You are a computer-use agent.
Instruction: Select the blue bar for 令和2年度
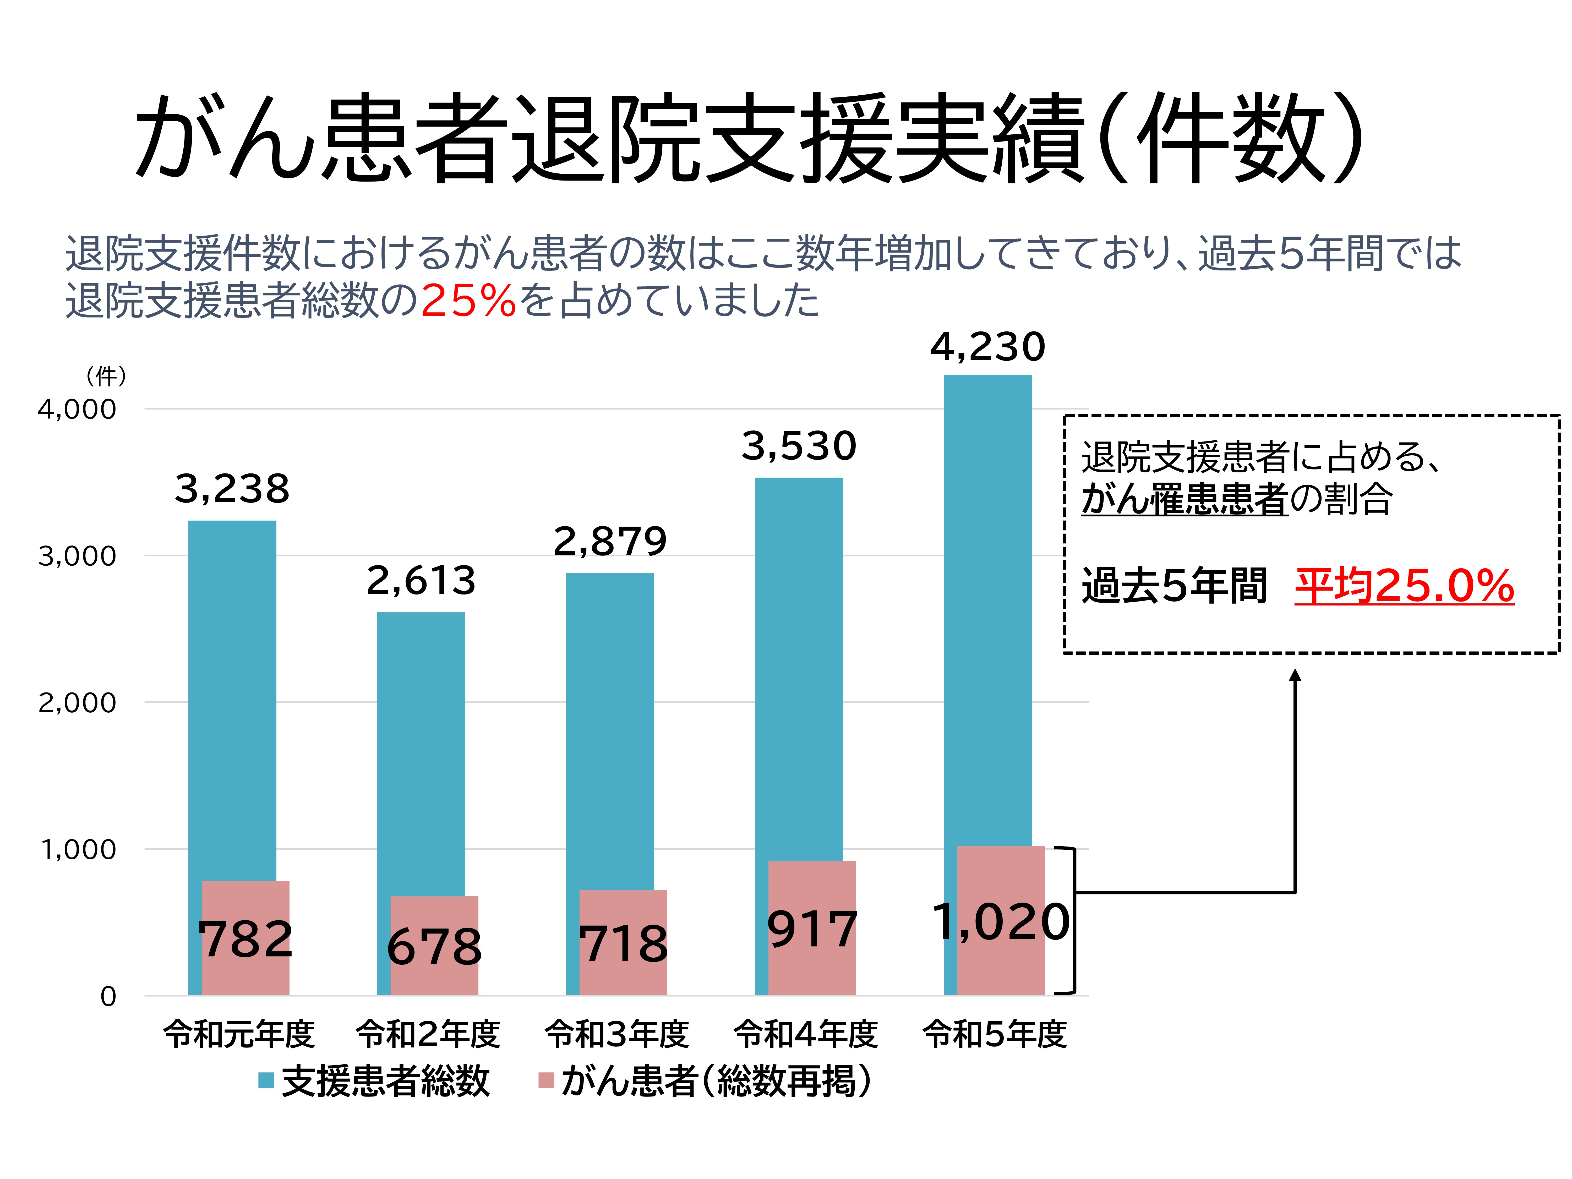[421, 746]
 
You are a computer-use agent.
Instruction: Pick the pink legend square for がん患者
[546, 1081]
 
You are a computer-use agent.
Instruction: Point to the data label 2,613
[421, 581]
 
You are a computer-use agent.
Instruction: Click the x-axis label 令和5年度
[995, 1034]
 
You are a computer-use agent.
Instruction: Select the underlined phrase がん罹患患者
[1185, 499]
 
